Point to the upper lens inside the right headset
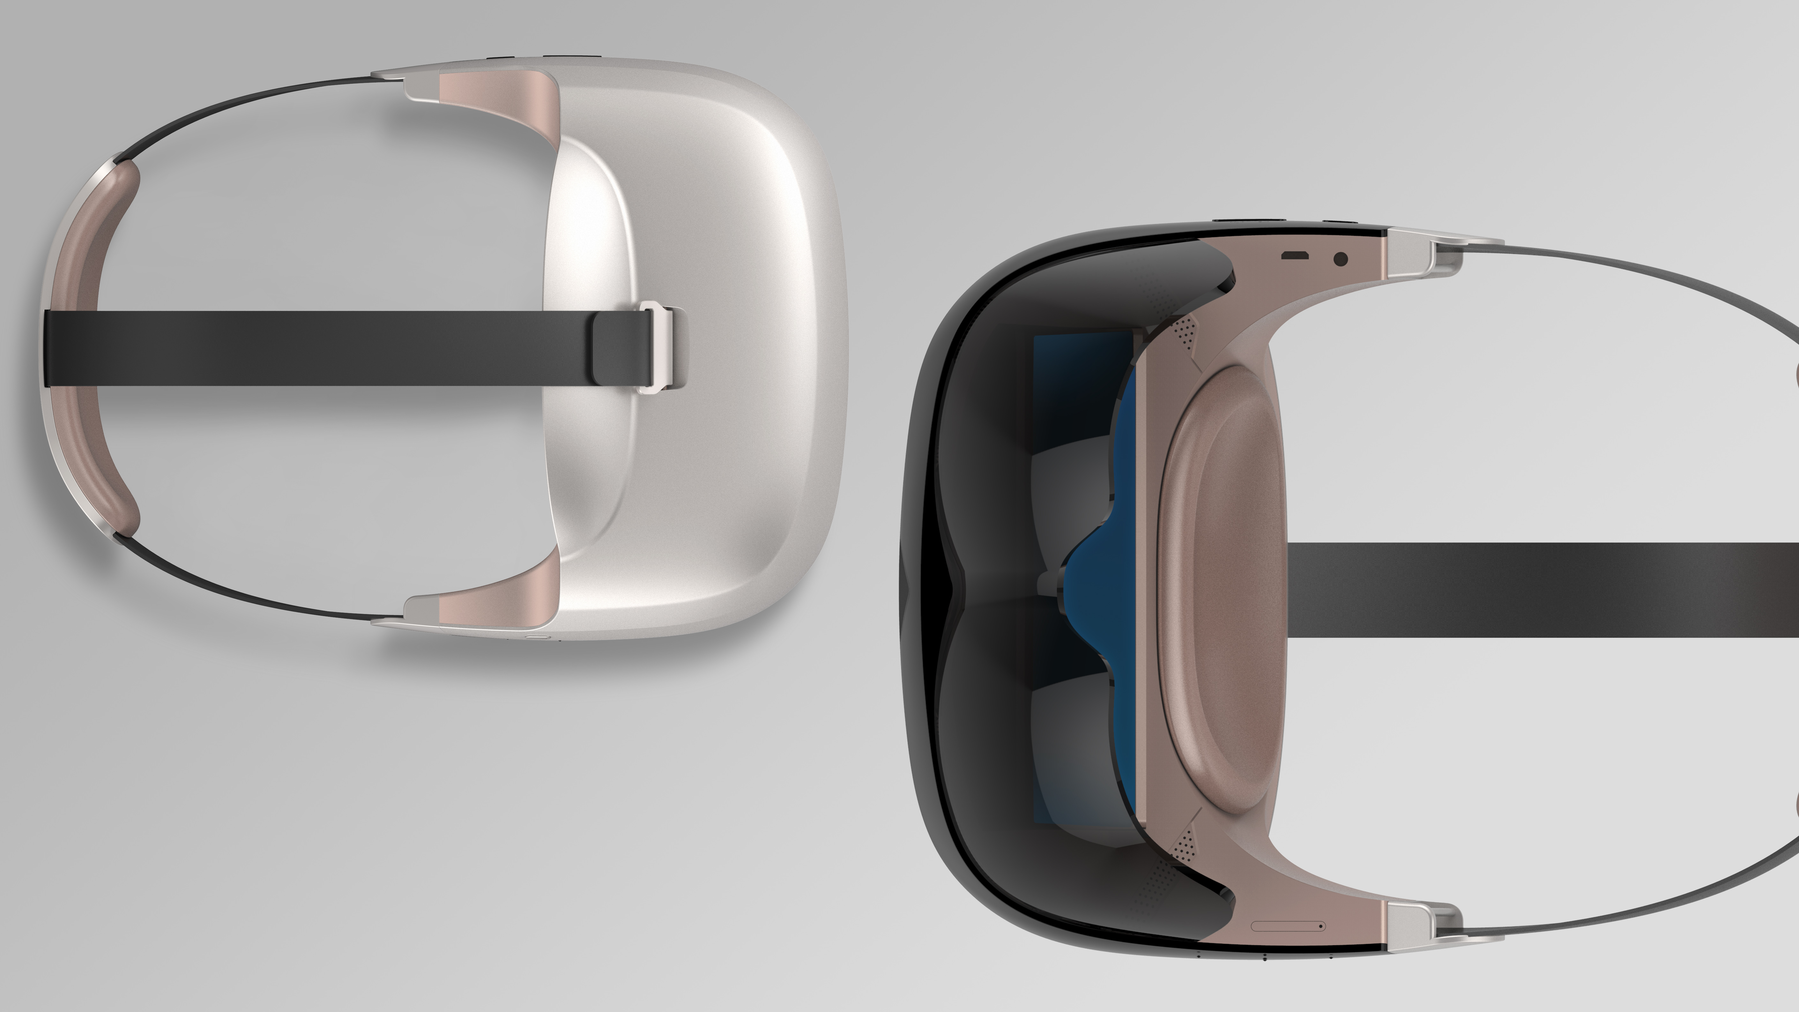1068,489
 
